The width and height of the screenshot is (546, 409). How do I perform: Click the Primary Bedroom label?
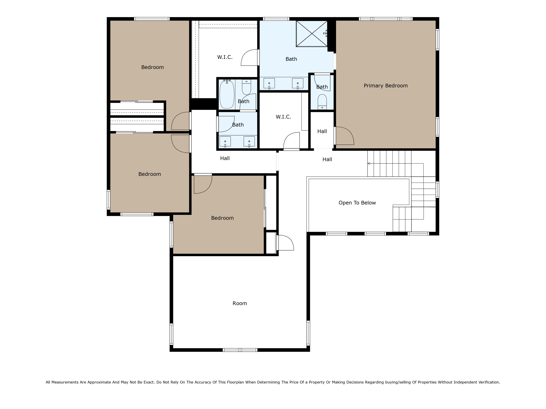click(386, 86)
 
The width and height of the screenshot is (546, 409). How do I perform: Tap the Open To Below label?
click(357, 203)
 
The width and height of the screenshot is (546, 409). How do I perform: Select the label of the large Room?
click(240, 304)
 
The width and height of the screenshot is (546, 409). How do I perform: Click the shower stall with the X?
click(312, 34)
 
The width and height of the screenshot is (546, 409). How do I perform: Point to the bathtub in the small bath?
click(227, 95)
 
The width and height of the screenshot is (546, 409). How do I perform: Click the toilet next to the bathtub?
click(246, 87)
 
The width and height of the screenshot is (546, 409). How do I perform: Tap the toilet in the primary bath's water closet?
click(322, 101)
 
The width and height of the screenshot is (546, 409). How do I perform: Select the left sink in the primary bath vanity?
click(269, 83)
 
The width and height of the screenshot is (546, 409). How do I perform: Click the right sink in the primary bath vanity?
click(298, 83)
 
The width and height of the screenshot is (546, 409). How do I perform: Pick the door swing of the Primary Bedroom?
click(344, 136)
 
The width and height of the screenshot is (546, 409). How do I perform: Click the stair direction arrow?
click(369, 163)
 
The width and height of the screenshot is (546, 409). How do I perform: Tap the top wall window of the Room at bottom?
click(240, 350)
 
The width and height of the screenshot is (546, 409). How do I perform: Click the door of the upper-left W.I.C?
click(250, 58)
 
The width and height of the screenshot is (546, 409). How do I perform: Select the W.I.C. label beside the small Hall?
click(283, 117)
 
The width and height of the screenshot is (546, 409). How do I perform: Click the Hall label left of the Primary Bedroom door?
click(322, 131)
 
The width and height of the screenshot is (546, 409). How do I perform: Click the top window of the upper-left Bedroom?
click(152, 19)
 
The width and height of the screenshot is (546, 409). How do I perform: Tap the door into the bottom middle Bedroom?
click(203, 184)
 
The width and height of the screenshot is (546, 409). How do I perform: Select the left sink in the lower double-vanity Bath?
click(225, 141)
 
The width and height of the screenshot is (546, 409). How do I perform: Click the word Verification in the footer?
click(488, 382)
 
